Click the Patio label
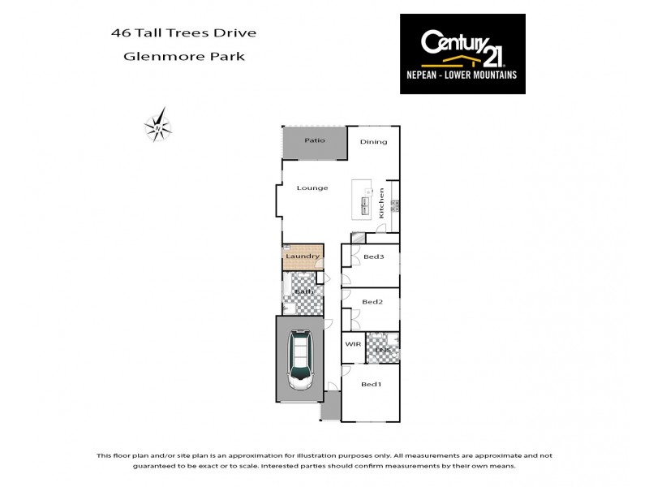coord(315,140)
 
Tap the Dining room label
coord(374,142)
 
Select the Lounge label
coord(312,188)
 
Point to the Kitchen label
coord(380,203)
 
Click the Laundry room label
coord(303,257)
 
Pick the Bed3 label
coord(373,257)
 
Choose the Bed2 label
coord(372,302)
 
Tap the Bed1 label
coord(371,384)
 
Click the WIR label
coord(353,344)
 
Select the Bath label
coord(304,291)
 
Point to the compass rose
coord(157,127)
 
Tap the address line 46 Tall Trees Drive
coord(183,33)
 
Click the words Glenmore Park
coord(183,57)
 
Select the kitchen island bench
coord(362,200)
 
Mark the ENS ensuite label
coord(383,350)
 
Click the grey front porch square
coord(330,407)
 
